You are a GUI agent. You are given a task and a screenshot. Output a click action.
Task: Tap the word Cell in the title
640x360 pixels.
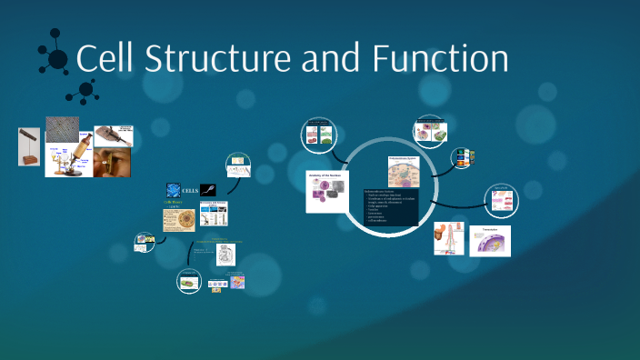pyautogui.click(x=105, y=59)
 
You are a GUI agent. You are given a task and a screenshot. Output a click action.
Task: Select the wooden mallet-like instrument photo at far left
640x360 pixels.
pyautogui.click(x=29, y=146)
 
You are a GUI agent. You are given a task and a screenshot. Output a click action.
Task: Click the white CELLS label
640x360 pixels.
pyautogui.click(x=191, y=190)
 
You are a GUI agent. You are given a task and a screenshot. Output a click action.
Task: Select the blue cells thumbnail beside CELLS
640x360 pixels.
pyautogui.click(x=172, y=190)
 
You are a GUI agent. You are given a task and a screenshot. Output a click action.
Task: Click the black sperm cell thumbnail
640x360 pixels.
pyautogui.click(x=208, y=190)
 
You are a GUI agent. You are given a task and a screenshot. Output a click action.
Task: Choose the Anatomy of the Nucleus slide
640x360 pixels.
pyautogui.click(x=326, y=191)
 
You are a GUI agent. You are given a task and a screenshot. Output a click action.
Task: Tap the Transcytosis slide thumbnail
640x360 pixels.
pyautogui.click(x=490, y=241)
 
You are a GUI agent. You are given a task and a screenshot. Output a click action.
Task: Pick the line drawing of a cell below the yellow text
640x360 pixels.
pyautogui.click(x=225, y=255)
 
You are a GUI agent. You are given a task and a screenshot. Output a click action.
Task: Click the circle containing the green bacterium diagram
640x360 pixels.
pyautogui.click(x=189, y=282)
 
